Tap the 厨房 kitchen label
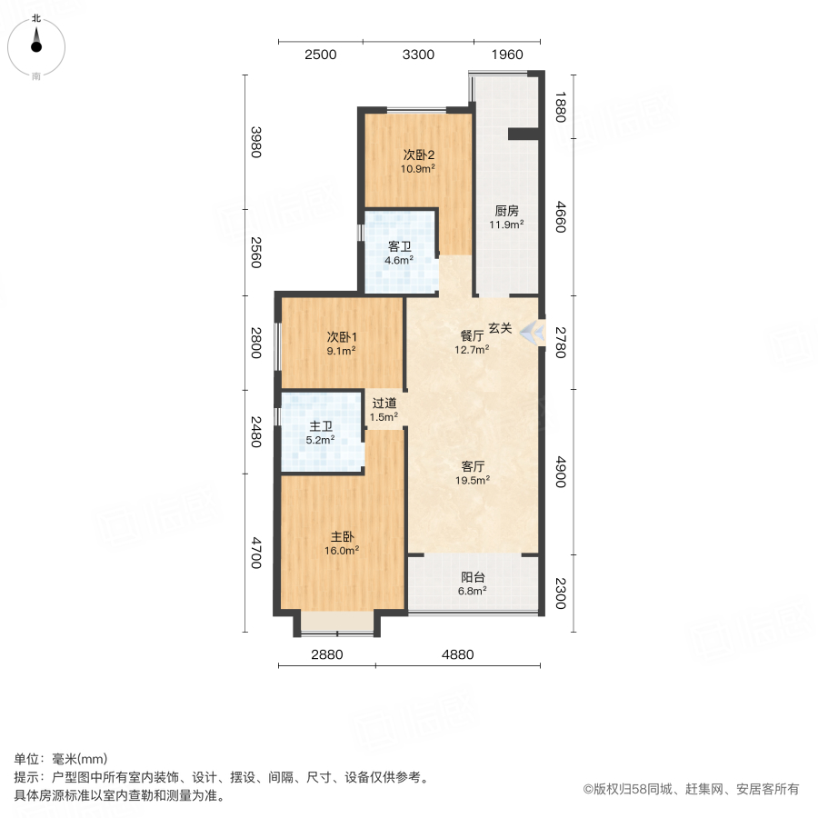[506, 210]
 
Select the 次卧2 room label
[419, 154]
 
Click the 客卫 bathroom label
[400, 246]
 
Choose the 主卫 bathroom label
[322, 425]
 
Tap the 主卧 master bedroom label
[342, 536]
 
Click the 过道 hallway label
[384, 403]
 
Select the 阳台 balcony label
[473, 576]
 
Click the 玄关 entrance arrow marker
[532, 332]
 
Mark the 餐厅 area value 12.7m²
[473, 348]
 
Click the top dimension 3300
[418, 55]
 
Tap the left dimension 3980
[256, 141]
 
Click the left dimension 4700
[256, 552]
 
